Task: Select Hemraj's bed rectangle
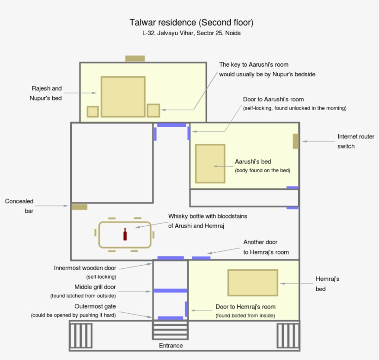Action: [x=252, y=282]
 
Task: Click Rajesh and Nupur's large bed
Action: [x=123, y=97]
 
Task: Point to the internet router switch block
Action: [x=295, y=141]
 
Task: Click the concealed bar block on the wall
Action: [x=79, y=207]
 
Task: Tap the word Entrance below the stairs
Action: [x=171, y=346]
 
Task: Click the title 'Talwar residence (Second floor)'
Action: [x=191, y=23]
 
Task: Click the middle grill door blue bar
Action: [x=170, y=291]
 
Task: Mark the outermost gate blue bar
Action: [x=170, y=318]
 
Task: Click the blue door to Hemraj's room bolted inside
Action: [x=186, y=309]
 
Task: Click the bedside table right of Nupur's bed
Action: [x=153, y=111]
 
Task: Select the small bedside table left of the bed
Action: [x=93, y=112]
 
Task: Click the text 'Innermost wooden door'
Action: [x=85, y=267]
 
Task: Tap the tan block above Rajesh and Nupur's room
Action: [x=135, y=58]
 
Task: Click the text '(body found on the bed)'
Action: [x=263, y=170]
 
